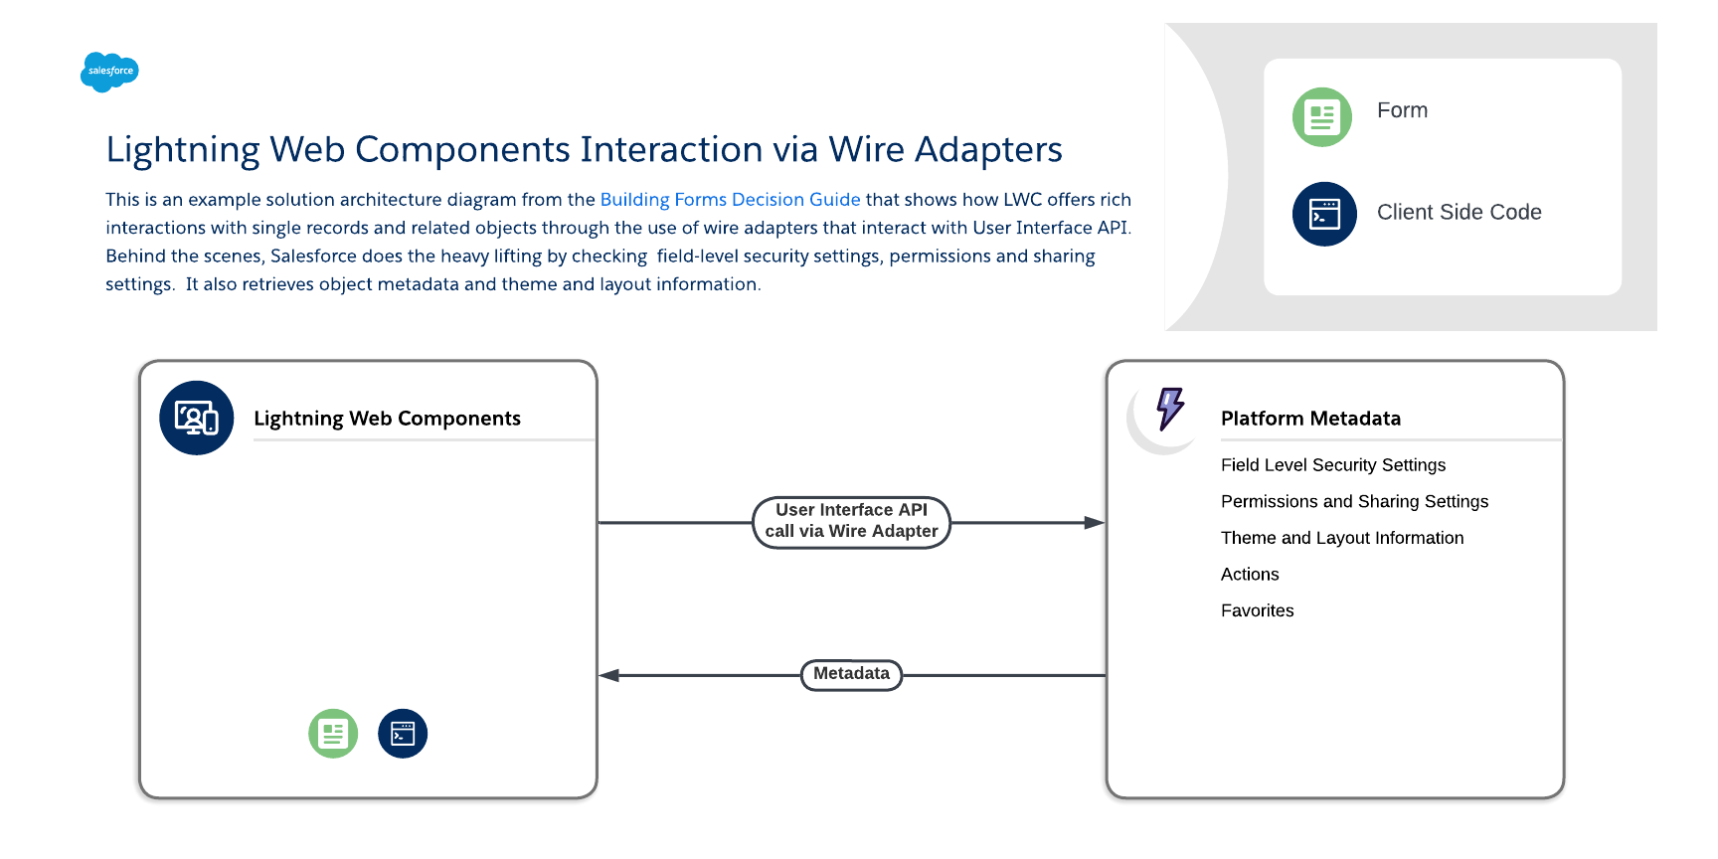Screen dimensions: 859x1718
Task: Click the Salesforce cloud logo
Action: click(x=109, y=72)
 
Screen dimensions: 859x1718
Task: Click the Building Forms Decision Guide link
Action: click(x=730, y=200)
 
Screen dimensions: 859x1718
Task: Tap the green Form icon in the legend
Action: click(x=1321, y=117)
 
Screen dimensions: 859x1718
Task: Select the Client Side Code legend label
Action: click(x=1459, y=212)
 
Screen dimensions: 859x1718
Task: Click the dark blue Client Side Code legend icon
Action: click(x=1323, y=214)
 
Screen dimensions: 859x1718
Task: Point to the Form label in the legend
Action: click(x=1402, y=110)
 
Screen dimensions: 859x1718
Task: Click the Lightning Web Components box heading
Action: click(x=387, y=419)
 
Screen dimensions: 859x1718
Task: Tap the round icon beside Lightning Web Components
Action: click(x=197, y=418)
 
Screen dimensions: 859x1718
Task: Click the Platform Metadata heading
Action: click(x=1310, y=419)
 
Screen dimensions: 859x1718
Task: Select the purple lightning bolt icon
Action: click(x=1170, y=409)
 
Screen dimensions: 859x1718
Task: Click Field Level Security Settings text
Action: click(x=1332, y=465)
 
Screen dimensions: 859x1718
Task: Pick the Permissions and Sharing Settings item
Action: click(x=1354, y=502)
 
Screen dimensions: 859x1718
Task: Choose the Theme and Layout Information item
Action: click(x=1341, y=538)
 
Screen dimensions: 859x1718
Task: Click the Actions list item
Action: click(x=1250, y=575)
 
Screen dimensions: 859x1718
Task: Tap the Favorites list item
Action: click(x=1257, y=610)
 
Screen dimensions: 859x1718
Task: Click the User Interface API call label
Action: click(x=851, y=521)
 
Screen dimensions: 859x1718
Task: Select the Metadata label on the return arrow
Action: click(x=851, y=674)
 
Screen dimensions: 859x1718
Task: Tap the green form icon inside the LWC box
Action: click(x=333, y=734)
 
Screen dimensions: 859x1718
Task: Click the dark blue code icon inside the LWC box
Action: click(x=403, y=734)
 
